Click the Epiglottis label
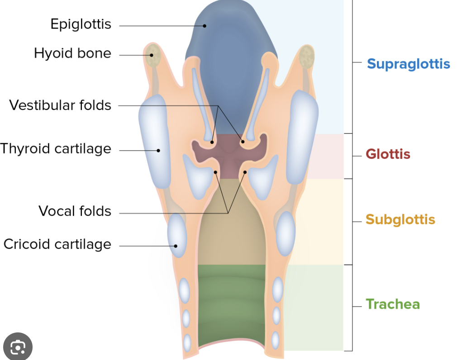[81, 24]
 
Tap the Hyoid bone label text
[72, 53]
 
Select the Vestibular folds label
[60, 105]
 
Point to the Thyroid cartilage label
[56, 149]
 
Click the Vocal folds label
[75, 211]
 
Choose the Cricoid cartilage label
[57, 244]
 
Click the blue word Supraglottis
[408, 64]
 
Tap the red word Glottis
[388, 154]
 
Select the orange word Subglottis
[400, 220]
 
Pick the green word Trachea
[393, 304]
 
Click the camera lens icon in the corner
[18, 347]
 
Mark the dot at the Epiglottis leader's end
[205, 26]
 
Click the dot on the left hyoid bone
[152, 55]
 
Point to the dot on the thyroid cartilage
[158, 150]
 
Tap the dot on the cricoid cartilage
[176, 246]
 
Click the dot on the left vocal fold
[216, 172]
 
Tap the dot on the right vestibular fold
[243, 142]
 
